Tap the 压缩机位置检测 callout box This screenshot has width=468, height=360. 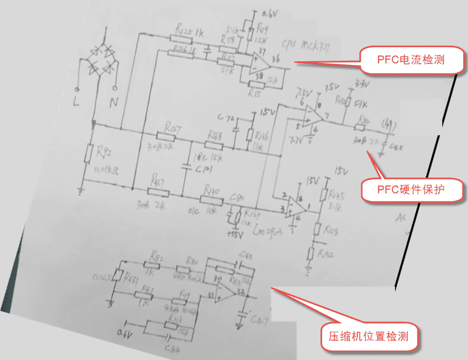(369, 335)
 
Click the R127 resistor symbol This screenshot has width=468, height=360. (165, 136)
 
